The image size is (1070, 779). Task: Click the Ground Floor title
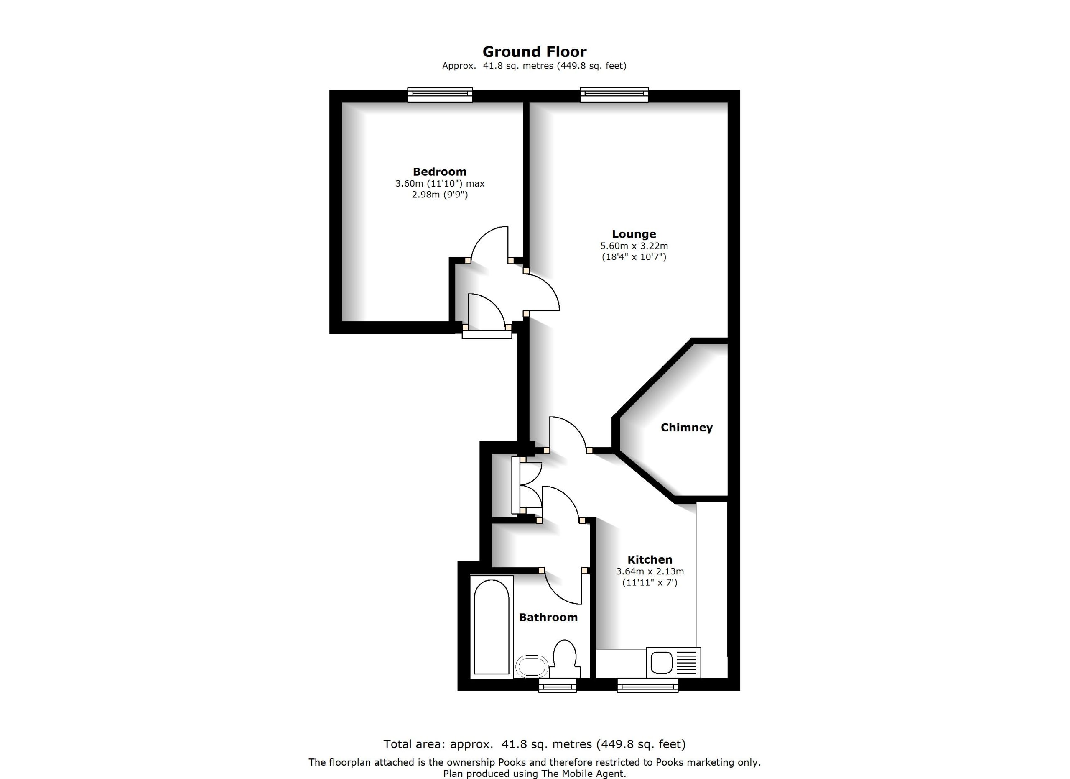coord(534,51)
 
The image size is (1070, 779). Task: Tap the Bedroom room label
coord(439,172)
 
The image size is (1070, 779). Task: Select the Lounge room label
coord(634,234)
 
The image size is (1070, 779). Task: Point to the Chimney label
coord(686,428)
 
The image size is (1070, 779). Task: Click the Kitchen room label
coord(650,560)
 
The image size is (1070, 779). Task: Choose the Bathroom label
coord(548,618)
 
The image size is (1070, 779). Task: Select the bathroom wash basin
coord(532,666)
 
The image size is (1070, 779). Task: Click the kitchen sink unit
coord(673,662)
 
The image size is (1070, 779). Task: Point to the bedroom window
coord(440,95)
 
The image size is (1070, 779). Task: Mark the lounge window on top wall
coord(614,95)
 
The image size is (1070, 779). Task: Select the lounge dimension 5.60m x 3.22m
coord(634,246)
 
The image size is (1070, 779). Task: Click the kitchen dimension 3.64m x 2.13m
coord(650,571)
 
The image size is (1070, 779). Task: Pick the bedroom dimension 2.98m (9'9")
coord(440,195)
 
